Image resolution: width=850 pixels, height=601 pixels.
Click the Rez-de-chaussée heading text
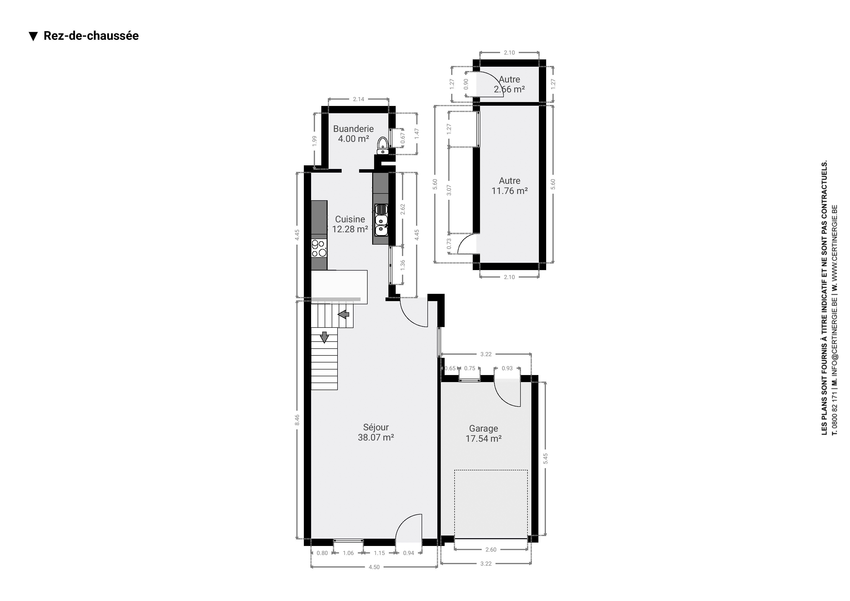pyautogui.click(x=91, y=36)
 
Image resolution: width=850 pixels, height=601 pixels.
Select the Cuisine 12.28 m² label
pyautogui.click(x=350, y=224)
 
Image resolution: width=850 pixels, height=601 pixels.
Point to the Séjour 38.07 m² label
pyautogui.click(x=376, y=432)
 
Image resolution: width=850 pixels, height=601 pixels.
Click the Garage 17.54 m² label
pyautogui.click(x=483, y=433)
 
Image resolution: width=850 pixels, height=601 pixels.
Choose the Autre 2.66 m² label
pyautogui.click(x=509, y=84)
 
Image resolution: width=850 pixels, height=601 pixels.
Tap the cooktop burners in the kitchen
pyautogui.click(x=319, y=248)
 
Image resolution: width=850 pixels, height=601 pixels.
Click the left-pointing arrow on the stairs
pyautogui.click(x=344, y=314)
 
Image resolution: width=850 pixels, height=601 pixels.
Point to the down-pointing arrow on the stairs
pyautogui.click(x=324, y=337)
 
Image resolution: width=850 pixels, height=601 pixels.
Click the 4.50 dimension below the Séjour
pyautogui.click(x=374, y=567)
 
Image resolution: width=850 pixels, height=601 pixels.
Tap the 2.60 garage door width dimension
pyautogui.click(x=491, y=550)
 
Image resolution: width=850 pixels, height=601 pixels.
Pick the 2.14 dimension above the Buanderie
pyautogui.click(x=358, y=99)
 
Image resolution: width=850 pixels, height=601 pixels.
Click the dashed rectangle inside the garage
pyautogui.click(x=491, y=504)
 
